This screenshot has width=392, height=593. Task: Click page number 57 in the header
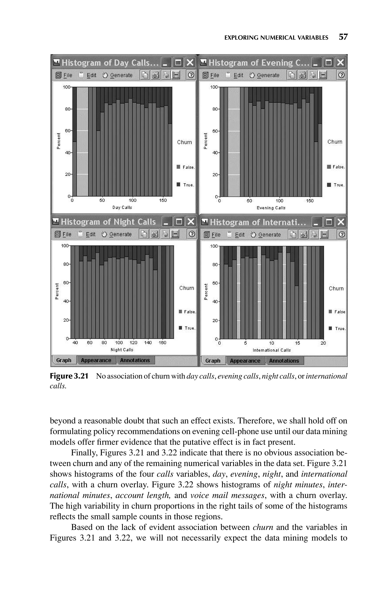tap(343, 37)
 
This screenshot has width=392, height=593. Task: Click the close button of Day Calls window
tap(190, 62)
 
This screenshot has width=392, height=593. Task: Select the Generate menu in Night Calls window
tap(117, 234)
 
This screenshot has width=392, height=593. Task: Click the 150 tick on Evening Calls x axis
tap(310, 201)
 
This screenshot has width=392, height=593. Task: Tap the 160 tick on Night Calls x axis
tap(163, 343)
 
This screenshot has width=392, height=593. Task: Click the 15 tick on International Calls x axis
tap(297, 343)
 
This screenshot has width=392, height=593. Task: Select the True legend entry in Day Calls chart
tap(186, 185)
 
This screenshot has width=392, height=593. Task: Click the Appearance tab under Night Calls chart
tap(96, 360)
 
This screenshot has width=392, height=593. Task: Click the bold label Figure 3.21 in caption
tap(69, 376)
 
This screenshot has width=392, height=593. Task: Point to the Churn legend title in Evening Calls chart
tap(335, 142)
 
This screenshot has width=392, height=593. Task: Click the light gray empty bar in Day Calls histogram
tap(82, 142)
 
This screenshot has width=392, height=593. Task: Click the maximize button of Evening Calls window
tap(328, 62)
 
